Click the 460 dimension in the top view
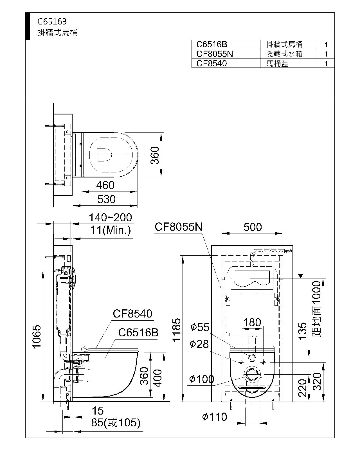105,185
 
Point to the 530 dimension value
106,199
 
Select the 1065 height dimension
37,336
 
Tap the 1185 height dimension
176,330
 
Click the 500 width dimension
253,227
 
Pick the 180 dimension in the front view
252,322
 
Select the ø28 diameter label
199,344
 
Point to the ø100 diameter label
202,379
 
